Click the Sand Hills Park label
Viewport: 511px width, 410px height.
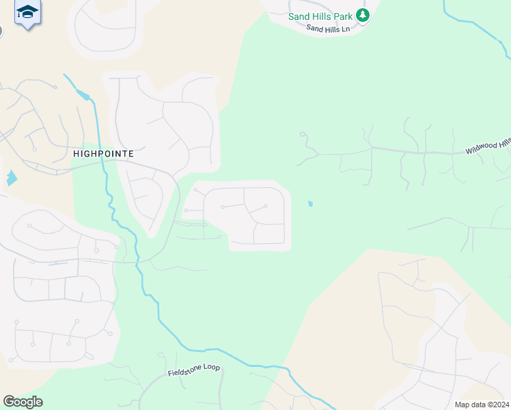[321, 16]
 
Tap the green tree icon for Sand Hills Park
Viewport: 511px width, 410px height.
[363, 15]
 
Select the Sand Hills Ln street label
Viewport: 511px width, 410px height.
[328, 29]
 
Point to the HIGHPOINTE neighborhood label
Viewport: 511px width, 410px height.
[103, 154]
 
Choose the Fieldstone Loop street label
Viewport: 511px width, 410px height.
[194, 370]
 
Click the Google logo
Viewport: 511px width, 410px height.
[23, 402]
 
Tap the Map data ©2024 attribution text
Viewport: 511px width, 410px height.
[482, 405]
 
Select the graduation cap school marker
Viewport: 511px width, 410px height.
[27, 12]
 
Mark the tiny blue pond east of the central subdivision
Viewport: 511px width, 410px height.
[311, 203]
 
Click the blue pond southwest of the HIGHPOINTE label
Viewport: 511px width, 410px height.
[11, 178]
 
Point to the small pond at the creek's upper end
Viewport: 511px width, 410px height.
[83, 95]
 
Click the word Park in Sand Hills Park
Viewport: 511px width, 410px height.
[344, 16]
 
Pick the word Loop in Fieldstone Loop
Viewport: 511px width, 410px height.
[210, 368]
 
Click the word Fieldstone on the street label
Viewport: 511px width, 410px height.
[184, 372]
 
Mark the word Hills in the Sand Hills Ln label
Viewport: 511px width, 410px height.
[329, 29]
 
